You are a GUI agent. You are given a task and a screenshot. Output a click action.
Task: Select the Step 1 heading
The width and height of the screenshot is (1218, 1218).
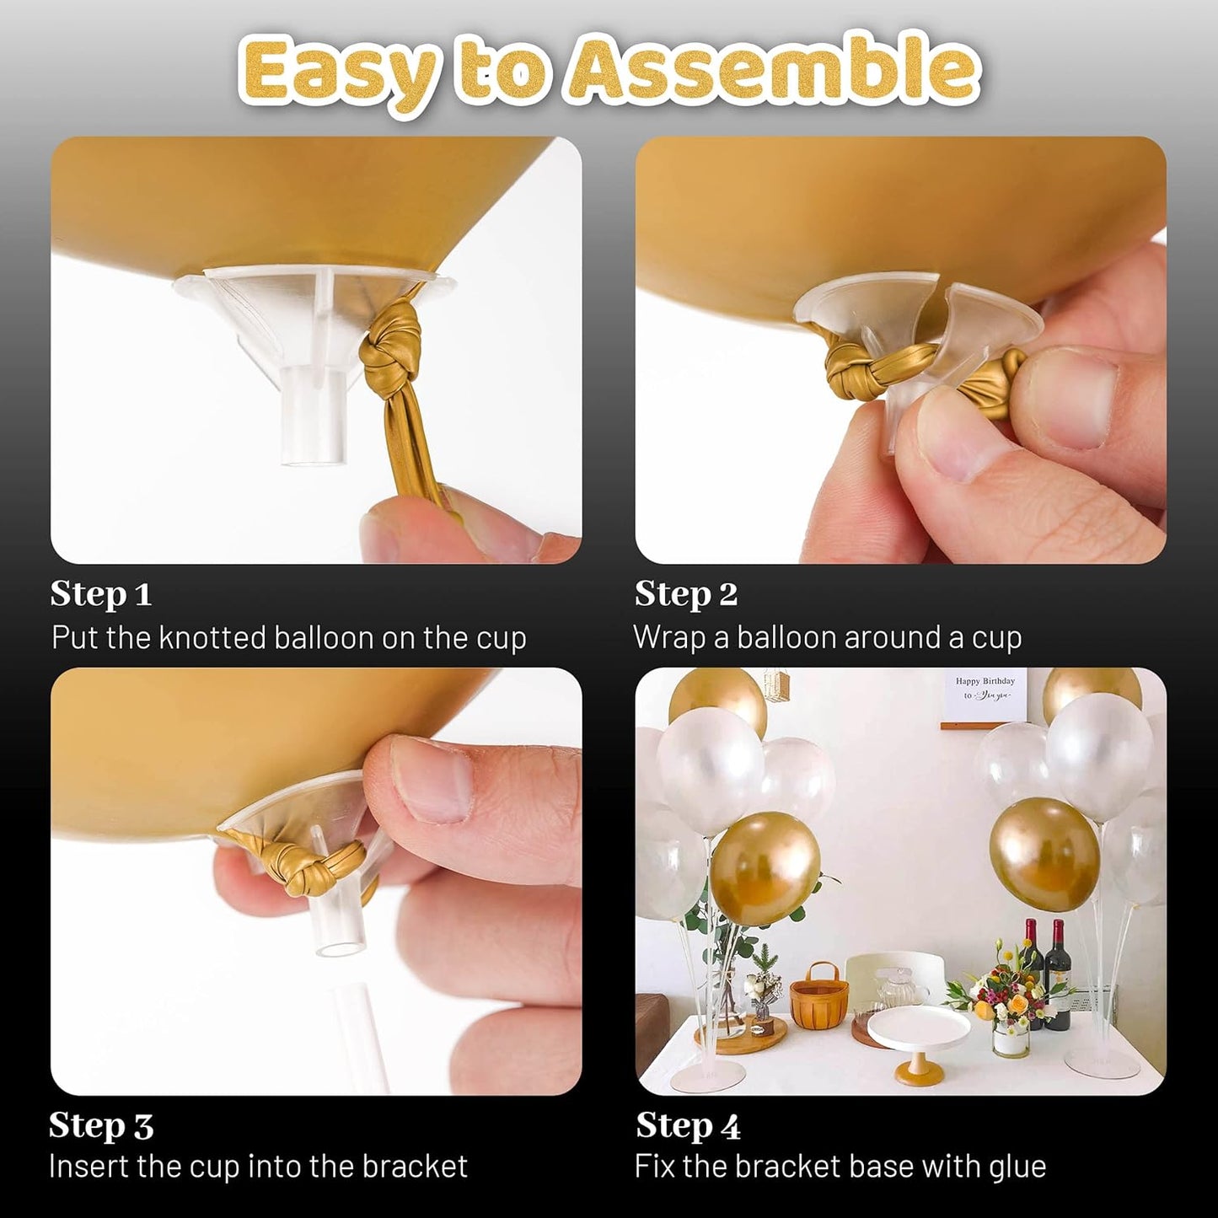pos(100,594)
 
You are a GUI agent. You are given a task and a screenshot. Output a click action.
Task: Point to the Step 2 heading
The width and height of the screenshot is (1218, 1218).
pos(685,594)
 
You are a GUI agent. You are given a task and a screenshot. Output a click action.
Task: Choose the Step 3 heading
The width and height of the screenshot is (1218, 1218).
pos(101,1126)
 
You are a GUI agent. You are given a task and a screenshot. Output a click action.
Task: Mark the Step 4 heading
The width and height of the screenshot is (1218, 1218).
pos(688,1126)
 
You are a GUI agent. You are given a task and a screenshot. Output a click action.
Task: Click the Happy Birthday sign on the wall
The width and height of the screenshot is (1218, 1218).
pos(985,689)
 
